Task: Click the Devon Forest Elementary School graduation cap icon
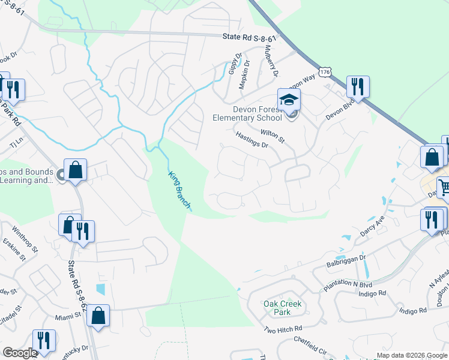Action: pos(289,99)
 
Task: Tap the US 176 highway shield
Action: pos(325,71)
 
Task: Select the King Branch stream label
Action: pos(179,190)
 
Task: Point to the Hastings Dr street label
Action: pos(252,140)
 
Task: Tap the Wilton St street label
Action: pos(273,135)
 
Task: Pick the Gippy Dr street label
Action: pos(234,64)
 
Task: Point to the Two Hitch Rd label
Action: pos(283,329)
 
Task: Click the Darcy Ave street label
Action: pos(372,226)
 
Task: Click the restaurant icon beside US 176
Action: pos(358,87)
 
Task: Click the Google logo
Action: pos(20,353)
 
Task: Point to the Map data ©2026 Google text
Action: pos(411,355)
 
